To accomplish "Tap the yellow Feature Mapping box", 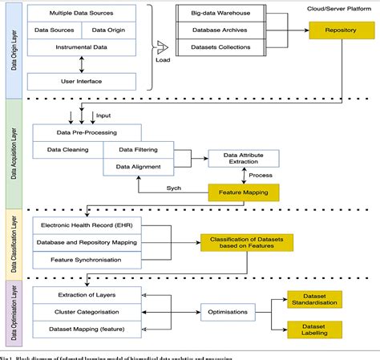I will tap(244, 192).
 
